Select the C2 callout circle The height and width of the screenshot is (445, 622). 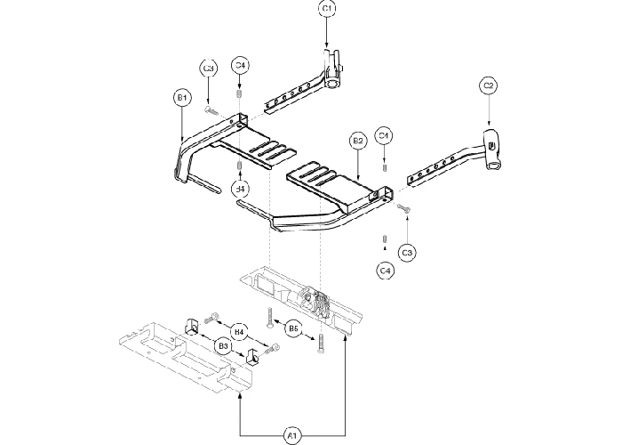tap(488, 86)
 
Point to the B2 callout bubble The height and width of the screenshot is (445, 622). tap(358, 141)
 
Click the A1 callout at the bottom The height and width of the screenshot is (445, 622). tap(291, 435)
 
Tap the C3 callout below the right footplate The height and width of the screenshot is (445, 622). tap(407, 254)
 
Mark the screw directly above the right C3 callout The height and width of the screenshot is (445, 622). tap(404, 208)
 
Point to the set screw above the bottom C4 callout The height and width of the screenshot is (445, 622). tap(384, 239)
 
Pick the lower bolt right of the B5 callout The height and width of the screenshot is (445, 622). tap(318, 345)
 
